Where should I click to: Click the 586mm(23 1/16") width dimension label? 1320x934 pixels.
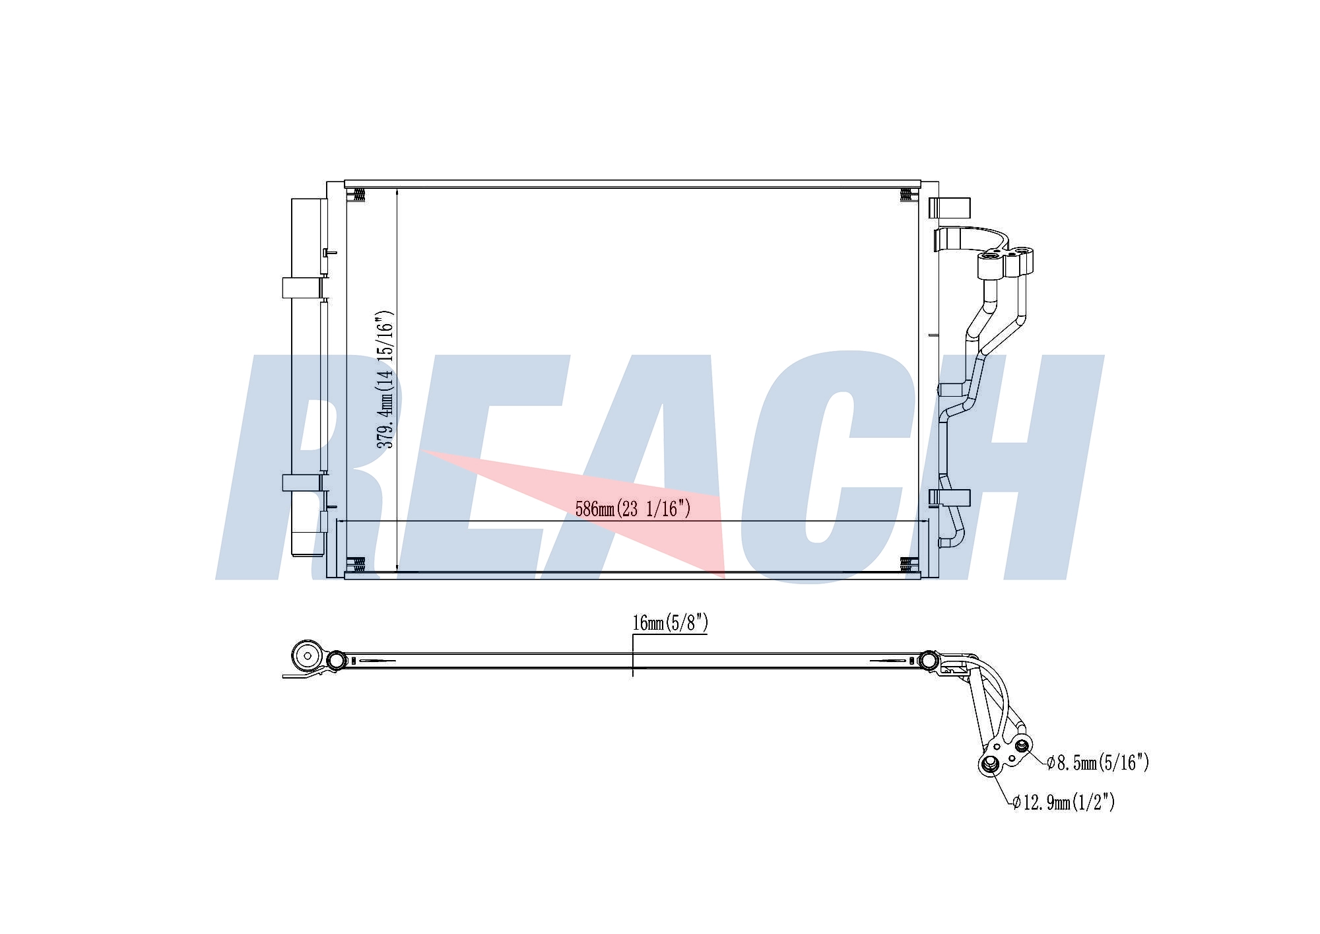[633, 509]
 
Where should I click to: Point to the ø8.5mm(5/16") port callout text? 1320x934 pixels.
[1098, 763]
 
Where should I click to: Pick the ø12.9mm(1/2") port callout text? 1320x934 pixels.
[1063, 802]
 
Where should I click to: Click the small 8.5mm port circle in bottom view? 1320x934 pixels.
[1022, 746]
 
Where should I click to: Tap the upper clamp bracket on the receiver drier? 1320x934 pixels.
[302, 288]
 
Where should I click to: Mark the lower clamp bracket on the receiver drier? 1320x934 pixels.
[302, 483]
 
